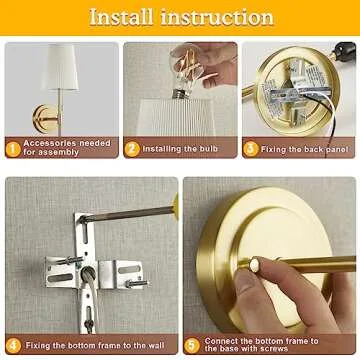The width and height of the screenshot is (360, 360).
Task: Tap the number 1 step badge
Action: [x=13, y=148]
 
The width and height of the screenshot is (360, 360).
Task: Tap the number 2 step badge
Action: [x=132, y=149]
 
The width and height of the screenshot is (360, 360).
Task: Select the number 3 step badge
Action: [x=251, y=149]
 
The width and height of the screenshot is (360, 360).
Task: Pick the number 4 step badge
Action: [x=13, y=344]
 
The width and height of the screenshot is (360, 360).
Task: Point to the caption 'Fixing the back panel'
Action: [x=304, y=149]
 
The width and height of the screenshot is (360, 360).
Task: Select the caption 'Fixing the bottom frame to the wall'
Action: [x=96, y=345]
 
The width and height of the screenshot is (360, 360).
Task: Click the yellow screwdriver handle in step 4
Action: [x=176, y=207]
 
